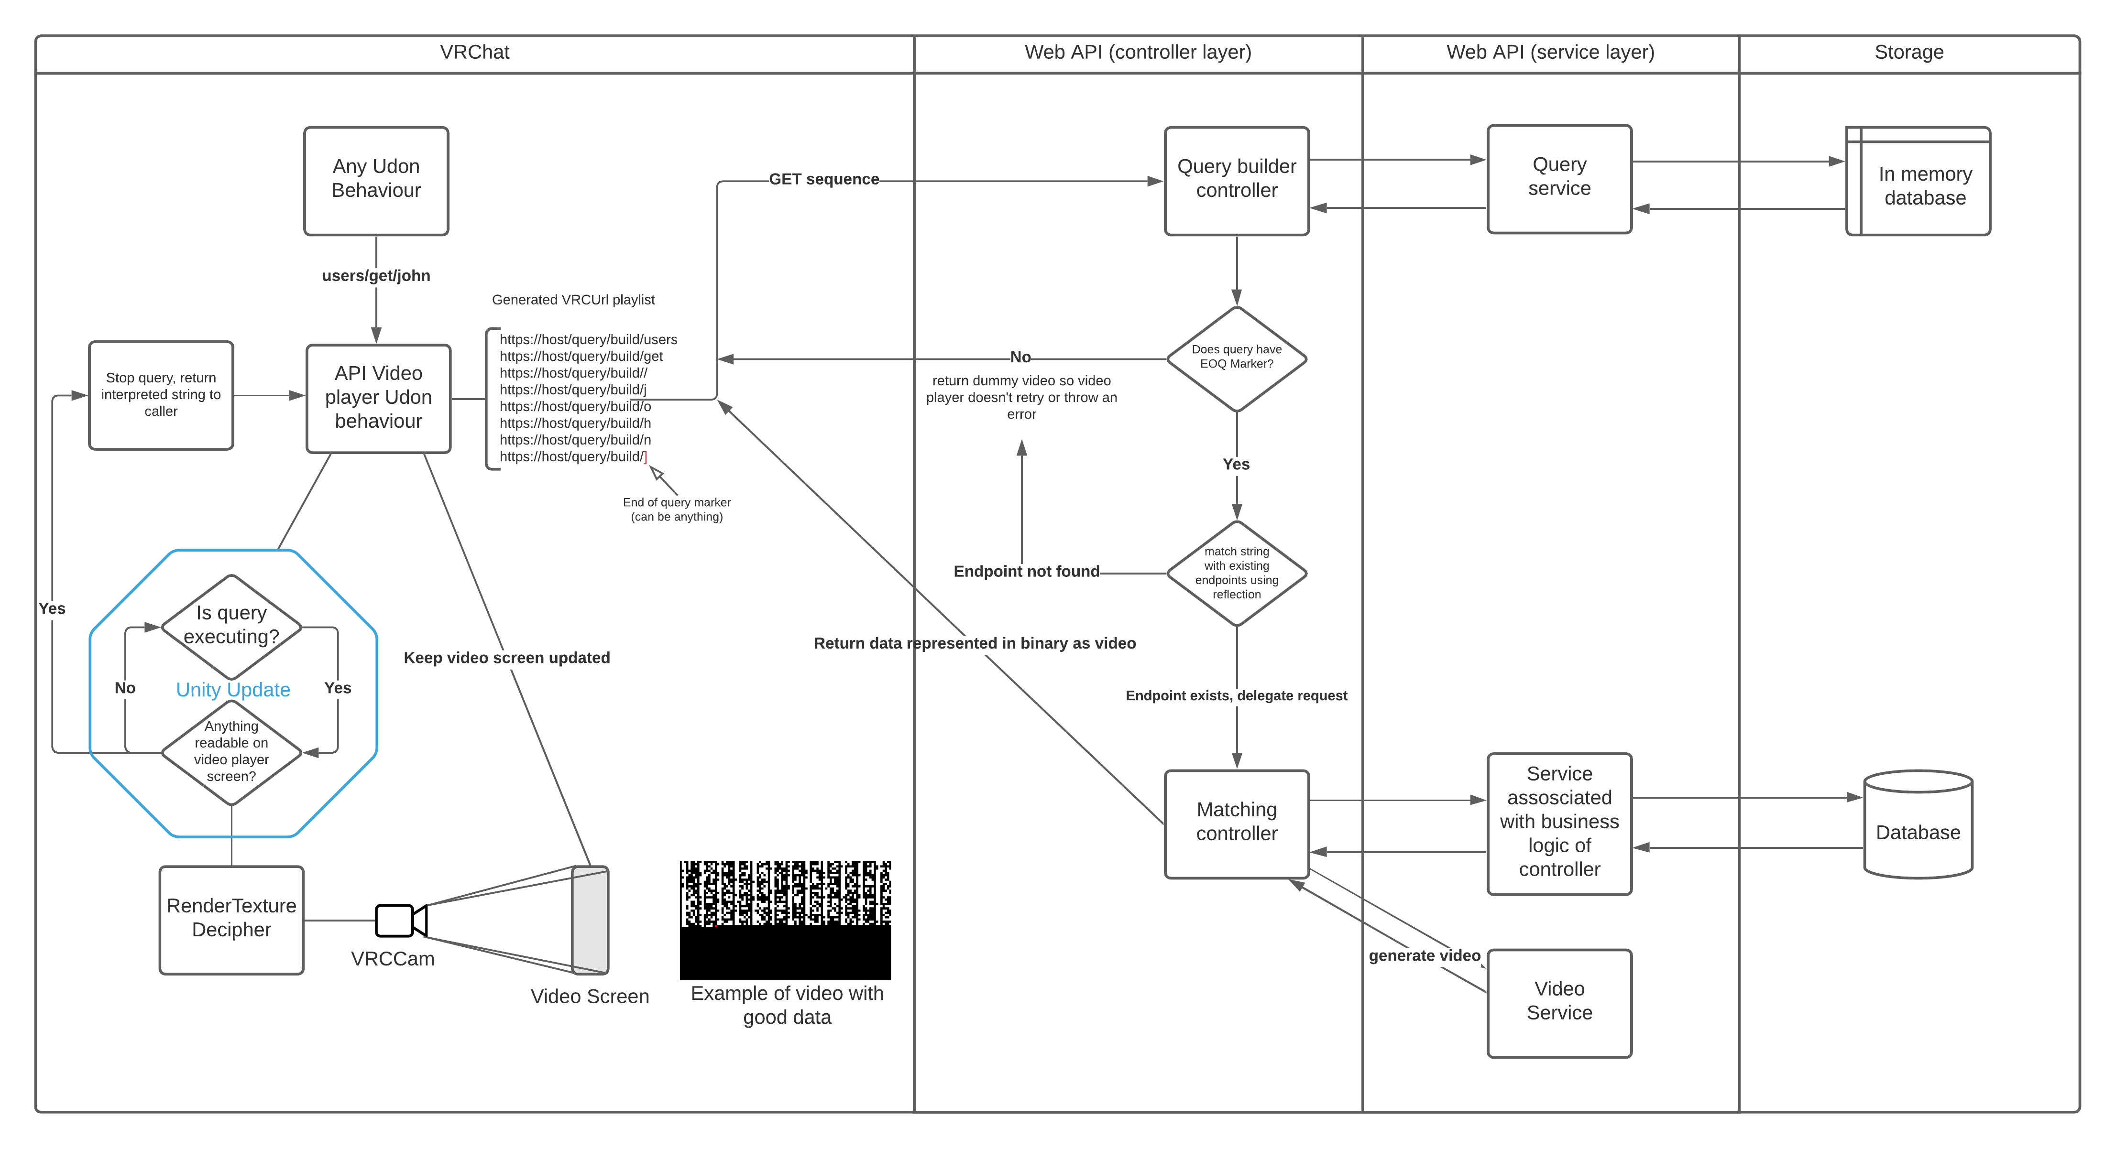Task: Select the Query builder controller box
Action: click(x=1236, y=181)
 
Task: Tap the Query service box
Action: click(x=1558, y=179)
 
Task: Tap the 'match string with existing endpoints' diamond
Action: click(x=1236, y=573)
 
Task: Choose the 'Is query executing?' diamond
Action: click(x=231, y=626)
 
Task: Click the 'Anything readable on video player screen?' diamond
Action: click(x=231, y=751)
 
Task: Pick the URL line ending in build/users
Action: click(x=588, y=339)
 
